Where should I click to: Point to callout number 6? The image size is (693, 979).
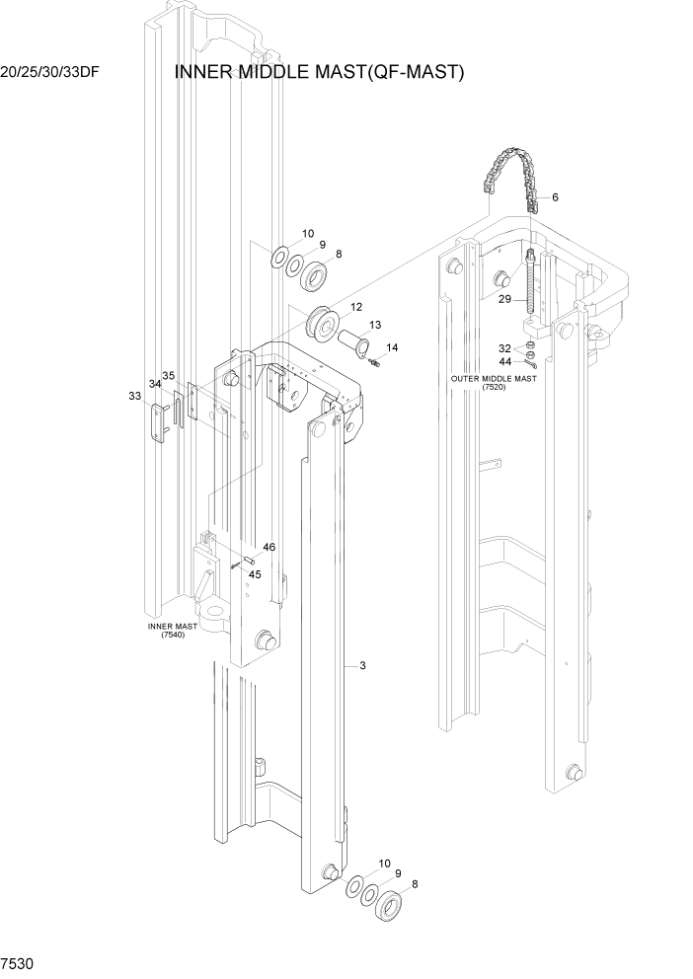tap(555, 198)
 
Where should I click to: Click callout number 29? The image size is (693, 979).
tap(504, 298)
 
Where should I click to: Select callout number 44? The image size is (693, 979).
tap(504, 361)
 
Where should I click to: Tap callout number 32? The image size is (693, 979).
tap(504, 348)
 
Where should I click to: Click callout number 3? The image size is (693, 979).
tap(363, 666)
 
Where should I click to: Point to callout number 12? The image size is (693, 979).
tap(355, 307)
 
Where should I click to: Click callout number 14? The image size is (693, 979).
tap(392, 347)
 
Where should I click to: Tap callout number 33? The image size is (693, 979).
tap(135, 396)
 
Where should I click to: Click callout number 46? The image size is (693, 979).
tap(269, 547)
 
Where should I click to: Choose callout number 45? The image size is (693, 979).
tap(255, 574)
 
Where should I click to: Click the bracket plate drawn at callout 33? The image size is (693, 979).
tap(157, 421)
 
